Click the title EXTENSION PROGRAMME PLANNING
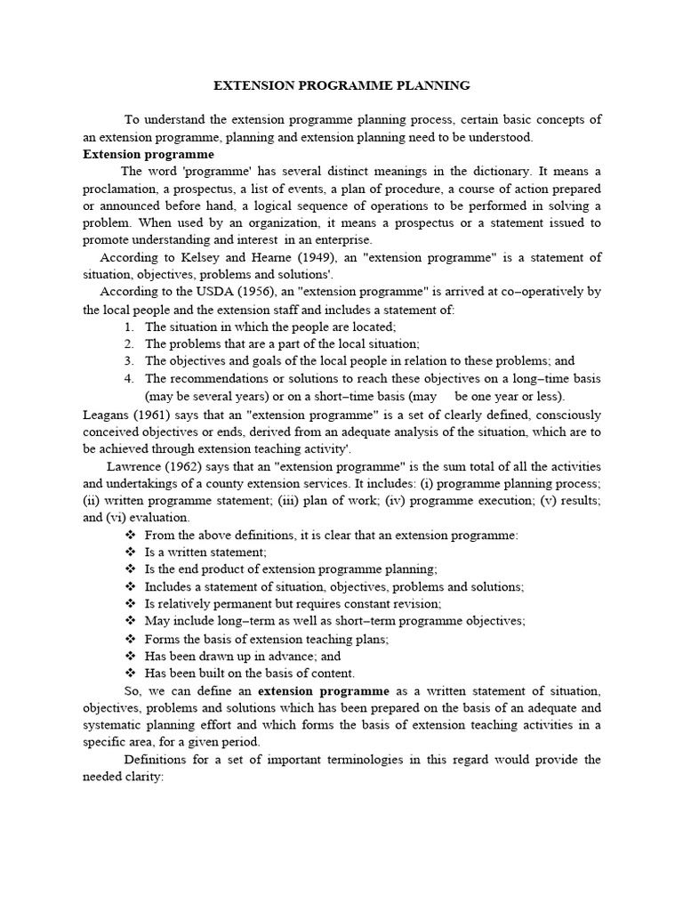pos(341,86)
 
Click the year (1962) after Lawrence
pos(187,466)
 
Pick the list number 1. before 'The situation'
pos(129,327)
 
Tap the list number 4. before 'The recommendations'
pos(129,379)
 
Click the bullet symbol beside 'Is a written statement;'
pos(130,552)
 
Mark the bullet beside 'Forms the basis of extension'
pos(130,639)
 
